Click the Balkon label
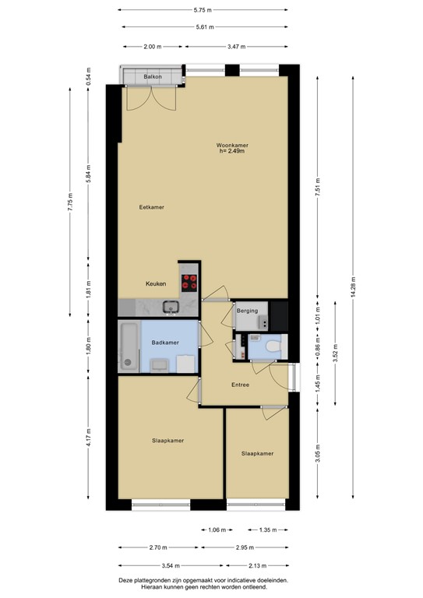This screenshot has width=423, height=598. tap(153, 76)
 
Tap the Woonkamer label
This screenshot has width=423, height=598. tap(232, 145)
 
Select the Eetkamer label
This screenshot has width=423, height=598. tap(151, 207)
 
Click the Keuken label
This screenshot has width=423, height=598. tap(157, 284)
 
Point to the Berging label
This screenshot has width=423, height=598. tap(247, 311)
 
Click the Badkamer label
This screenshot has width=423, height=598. tap(164, 343)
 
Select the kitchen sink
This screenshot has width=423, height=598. tap(171, 307)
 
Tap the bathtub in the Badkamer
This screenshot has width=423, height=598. tap(129, 346)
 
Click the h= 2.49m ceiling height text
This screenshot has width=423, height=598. tap(232, 152)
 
